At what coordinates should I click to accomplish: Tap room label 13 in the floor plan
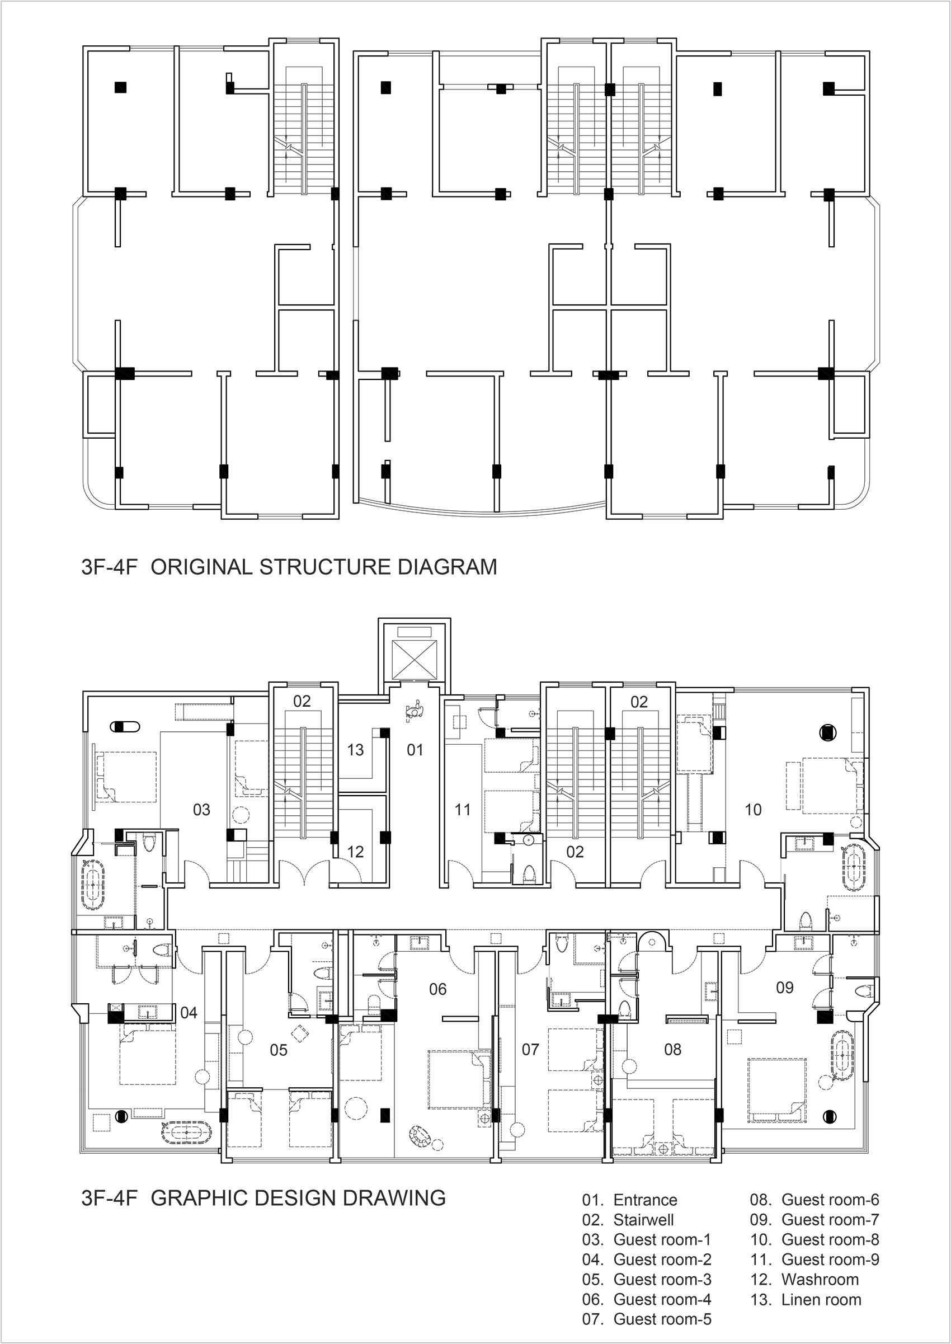355,750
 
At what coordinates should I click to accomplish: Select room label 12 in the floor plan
355,852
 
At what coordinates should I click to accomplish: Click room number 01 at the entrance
415,750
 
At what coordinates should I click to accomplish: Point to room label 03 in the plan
201,810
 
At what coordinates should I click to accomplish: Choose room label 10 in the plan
753,810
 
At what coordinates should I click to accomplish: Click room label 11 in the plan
463,810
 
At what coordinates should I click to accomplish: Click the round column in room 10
827,731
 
